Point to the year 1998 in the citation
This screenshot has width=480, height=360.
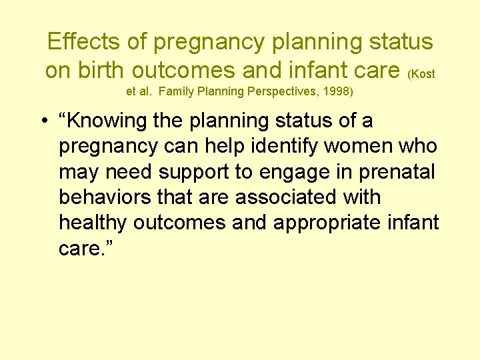[336, 91]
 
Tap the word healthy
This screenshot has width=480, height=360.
[93, 223]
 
